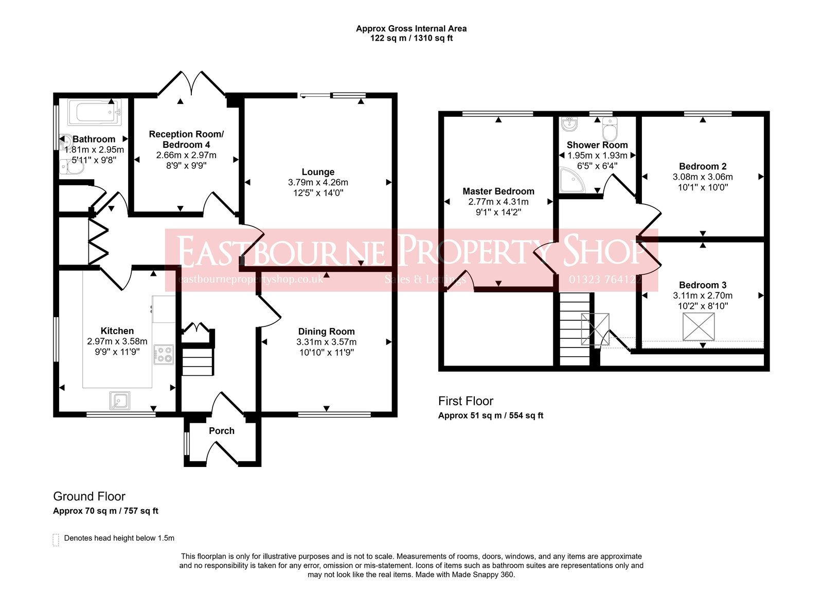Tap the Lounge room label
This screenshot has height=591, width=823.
(x=318, y=172)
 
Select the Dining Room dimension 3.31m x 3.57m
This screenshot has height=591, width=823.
(x=326, y=342)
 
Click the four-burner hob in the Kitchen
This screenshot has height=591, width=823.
(x=165, y=355)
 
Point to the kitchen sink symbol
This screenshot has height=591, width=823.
(x=120, y=400)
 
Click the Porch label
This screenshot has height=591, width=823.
(x=222, y=431)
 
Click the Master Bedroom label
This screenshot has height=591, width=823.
(x=498, y=191)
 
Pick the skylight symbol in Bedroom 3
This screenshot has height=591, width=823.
(x=699, y=326)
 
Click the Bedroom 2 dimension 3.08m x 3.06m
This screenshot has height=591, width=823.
(x=703, y=177)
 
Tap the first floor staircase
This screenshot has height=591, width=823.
(x=575, y=329)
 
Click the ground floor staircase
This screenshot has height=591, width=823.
(x=198, y=361)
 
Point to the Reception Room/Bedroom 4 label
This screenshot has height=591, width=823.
(x=186, y=139)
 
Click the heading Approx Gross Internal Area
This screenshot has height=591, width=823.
(x=411, y=29)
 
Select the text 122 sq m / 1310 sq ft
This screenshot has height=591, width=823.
(x=411, y=38)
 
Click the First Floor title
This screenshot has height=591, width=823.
(x=466, y=401)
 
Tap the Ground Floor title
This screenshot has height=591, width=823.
(x=89, y=496)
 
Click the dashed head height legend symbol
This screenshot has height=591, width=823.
(x=56, y=539)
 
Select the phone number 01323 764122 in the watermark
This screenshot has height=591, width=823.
(x=605, y=280)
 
